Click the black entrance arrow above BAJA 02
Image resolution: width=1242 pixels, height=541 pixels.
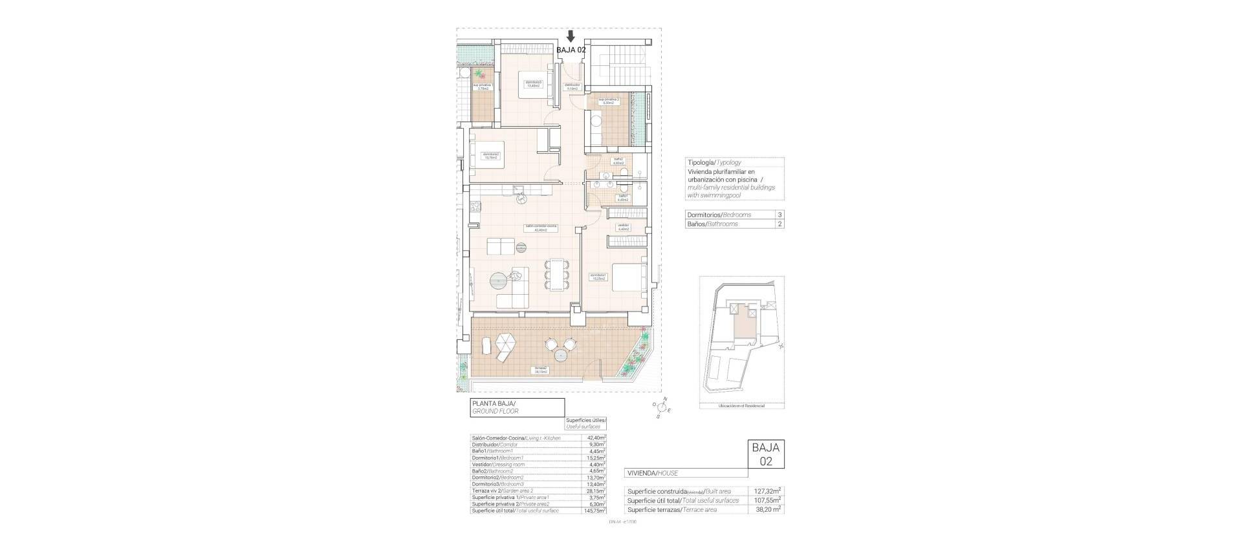click(x=570, y=36)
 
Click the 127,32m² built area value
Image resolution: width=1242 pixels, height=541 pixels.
click(x=768, y=491)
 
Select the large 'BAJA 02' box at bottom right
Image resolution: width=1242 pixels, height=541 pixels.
click(x=766, y=454)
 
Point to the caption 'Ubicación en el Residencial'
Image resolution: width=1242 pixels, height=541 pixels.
click(x=741, y=406)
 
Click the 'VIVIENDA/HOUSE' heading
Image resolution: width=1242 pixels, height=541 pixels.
click(x=652, y=473)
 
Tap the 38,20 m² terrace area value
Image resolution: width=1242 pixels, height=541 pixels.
click(x=768, y=509)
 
